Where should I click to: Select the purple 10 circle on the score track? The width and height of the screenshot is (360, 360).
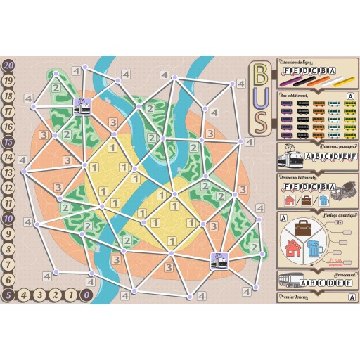click(8, 218)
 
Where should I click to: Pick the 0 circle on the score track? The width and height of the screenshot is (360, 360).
click(86, 295)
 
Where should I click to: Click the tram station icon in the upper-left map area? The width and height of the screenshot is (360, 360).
click(83, 105)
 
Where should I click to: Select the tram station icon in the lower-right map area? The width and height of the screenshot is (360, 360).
click(219, 258)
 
